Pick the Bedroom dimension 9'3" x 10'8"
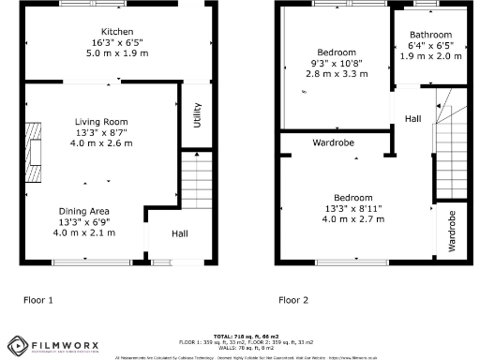335,63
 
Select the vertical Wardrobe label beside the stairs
453,231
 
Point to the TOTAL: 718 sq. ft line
240,335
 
